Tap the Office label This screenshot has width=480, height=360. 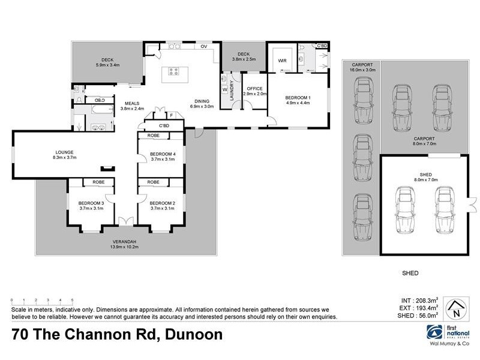254,91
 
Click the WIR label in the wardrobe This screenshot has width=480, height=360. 281,61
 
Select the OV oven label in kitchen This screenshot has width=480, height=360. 203,46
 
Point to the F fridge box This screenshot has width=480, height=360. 171,115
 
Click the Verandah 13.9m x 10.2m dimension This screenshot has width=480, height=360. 124,247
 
